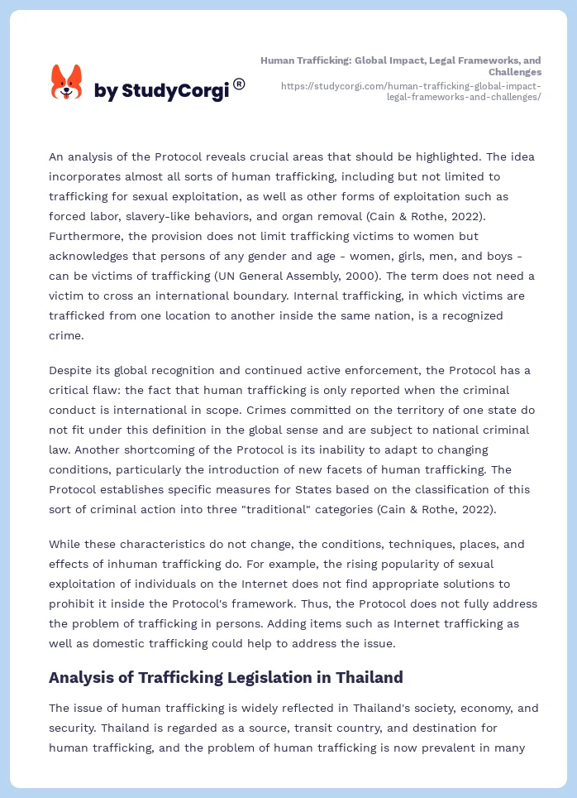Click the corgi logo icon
67,83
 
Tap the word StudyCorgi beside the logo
175,91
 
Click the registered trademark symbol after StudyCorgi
239,84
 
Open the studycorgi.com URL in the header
411,91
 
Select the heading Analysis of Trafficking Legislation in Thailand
226,677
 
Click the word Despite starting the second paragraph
70,370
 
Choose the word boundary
252,296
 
